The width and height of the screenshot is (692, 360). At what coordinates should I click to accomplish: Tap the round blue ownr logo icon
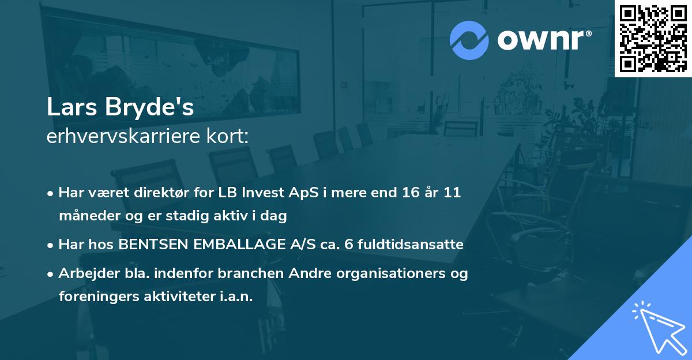(470, 40)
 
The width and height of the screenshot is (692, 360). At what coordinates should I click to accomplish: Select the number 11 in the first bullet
(452, 193)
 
